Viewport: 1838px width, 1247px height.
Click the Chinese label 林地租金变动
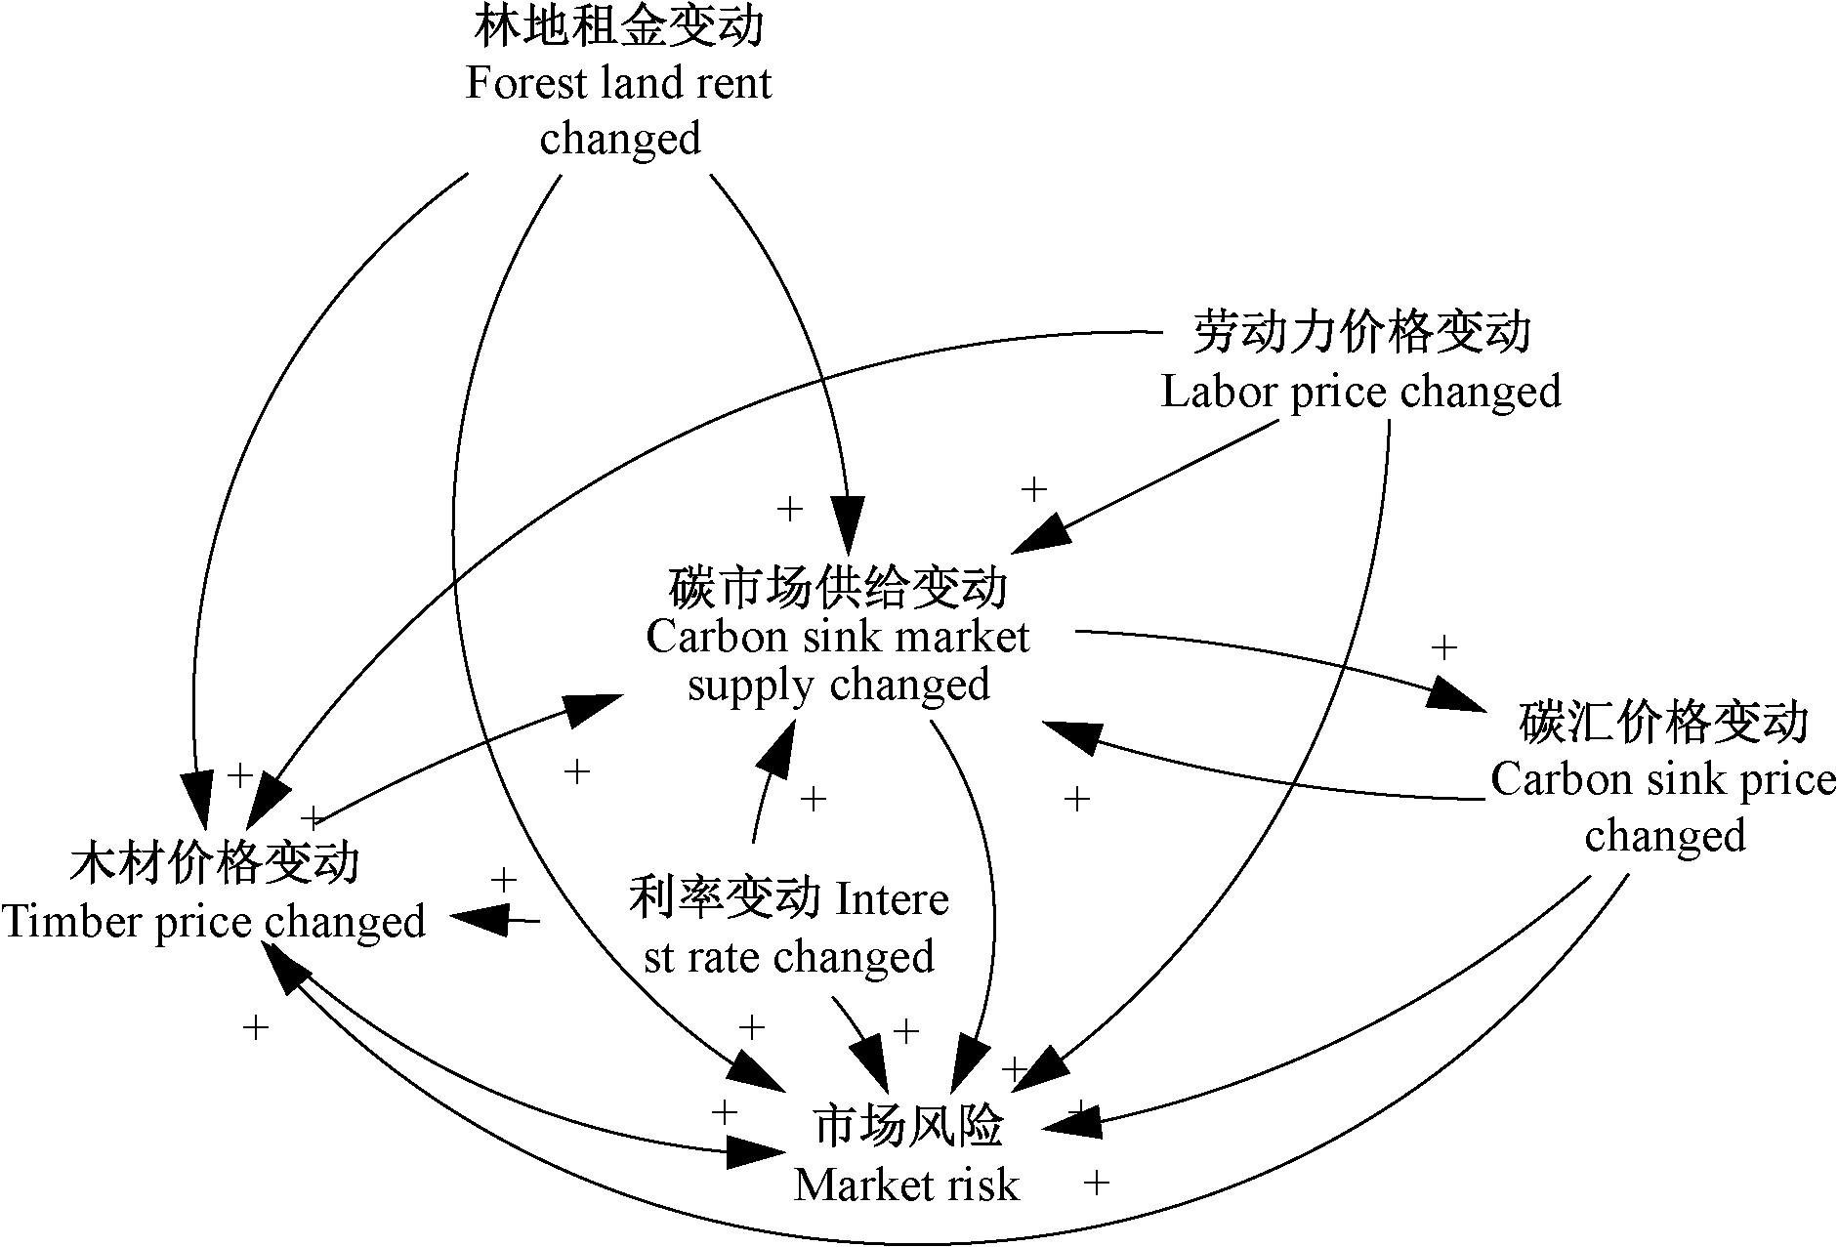pos(618,26)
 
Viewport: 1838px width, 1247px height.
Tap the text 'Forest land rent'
pos(618,83)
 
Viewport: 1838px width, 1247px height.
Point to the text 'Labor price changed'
pos(1360,392)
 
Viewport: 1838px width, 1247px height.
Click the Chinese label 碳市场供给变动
pos(838,588)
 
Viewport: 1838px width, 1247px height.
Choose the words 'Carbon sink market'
pos(838,638)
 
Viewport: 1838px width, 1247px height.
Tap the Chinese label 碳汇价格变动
pos(1664,723)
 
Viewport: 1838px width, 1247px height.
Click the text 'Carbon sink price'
pos(1663,780)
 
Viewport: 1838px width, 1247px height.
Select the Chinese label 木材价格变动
pos(215,863)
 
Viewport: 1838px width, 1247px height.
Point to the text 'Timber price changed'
pos(214,922)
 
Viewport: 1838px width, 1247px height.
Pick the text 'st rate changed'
pos(789,956)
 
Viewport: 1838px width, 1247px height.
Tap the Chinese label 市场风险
pos(907,1126)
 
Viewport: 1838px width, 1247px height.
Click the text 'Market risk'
pos(906,1185)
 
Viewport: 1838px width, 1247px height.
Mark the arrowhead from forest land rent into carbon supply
pos(848,525)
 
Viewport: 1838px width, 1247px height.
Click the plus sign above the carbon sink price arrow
pos(1443,646)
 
